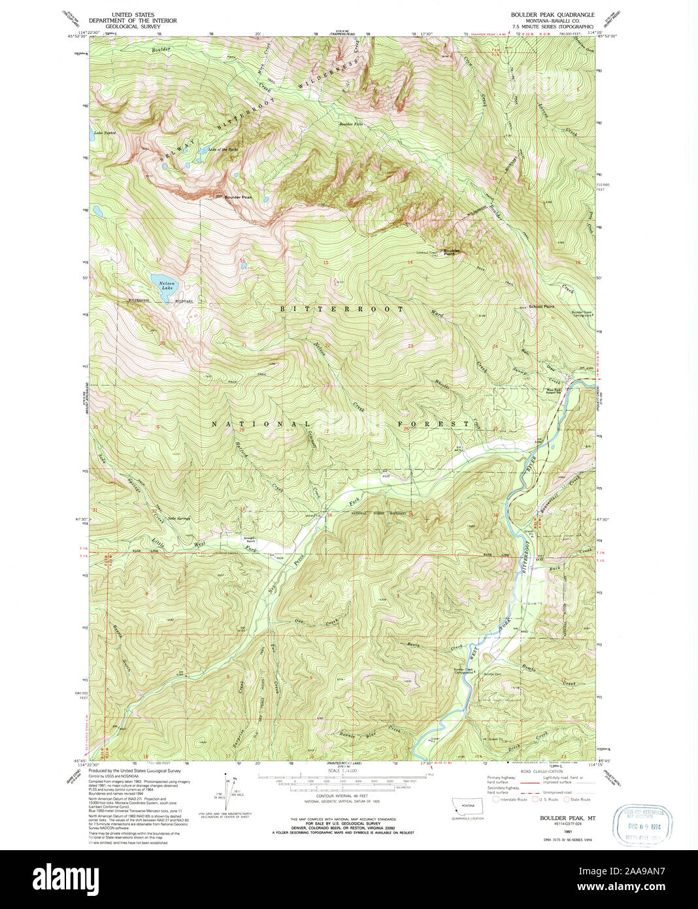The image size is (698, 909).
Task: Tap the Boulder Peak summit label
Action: pos(238,197)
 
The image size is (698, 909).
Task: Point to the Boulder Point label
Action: pos(452,252)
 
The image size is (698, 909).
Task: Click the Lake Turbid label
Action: pos(105,133)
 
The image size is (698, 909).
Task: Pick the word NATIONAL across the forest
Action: pos(259,424)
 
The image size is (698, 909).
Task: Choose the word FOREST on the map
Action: pos(433,424)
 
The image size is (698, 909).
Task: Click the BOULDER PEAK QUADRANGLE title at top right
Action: pos(552,14)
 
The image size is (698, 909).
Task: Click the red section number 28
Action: pos(242,430)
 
